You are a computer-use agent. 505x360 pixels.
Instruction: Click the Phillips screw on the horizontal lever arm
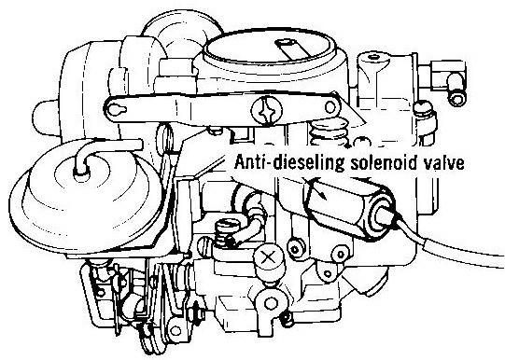[x=266, y=110]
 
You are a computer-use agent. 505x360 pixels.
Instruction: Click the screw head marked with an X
[x=269, y=258]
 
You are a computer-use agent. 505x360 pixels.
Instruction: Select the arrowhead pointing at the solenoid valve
[x=320, y=192]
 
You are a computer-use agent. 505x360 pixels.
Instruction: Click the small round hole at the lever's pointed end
[x=330, y=107]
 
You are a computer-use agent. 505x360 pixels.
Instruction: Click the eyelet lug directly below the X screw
[x=270, y=302]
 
